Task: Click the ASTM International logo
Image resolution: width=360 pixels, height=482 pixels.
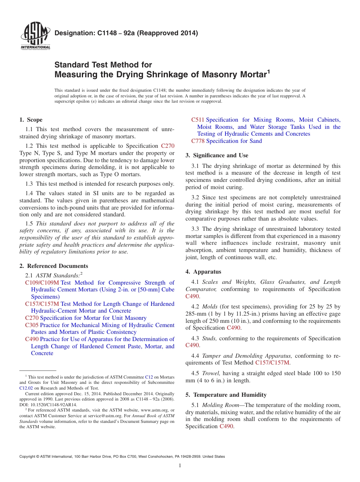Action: (x=35, y=37)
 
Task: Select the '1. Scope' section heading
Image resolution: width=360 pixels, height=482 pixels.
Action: (x=31, y=120)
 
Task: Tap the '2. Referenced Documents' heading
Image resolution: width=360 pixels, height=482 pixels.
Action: (x=54, y=266)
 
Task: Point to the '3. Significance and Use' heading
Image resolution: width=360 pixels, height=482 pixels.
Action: (x=217, y=155)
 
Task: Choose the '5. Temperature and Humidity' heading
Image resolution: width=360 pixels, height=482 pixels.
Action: (x=226, y=395)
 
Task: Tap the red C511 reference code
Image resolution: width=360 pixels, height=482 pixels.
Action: (x=198, y=120)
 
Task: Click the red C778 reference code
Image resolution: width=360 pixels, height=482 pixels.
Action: (x=198, y=141)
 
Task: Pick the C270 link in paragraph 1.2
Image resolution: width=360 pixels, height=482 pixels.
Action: (x=168, y=146)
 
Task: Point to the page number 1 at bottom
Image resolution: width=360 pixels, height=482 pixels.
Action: (x=180, y=466)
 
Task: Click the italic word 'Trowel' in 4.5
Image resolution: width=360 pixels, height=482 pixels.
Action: (x=211, y=373)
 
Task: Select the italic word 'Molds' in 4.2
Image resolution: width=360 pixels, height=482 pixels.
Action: (x=210, y=307)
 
